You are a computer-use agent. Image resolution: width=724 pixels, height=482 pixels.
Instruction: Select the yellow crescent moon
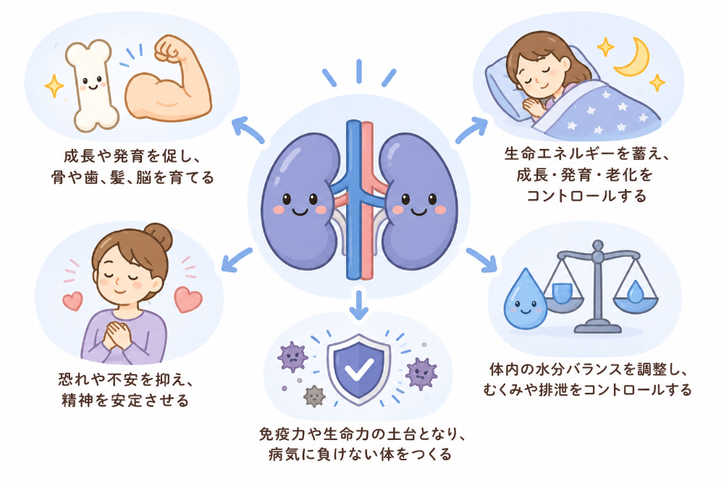(633, 57)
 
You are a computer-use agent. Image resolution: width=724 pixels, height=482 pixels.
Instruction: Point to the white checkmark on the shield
(359, 369)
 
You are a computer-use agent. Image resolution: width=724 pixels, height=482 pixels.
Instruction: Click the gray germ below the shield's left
(314, 396)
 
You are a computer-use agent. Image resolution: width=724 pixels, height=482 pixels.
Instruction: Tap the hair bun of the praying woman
(159, 237)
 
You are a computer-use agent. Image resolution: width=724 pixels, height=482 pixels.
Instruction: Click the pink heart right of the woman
(188, 300)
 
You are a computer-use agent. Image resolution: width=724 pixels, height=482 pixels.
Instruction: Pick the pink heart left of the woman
(73, 300)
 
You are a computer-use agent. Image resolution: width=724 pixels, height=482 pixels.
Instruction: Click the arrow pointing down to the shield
(359, 304)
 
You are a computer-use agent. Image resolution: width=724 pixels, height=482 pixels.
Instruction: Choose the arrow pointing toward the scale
(481, 260)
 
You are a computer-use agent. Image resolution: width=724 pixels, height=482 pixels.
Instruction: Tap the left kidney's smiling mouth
(300, 212)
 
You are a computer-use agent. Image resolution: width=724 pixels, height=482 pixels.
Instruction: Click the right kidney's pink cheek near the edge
(441, 210)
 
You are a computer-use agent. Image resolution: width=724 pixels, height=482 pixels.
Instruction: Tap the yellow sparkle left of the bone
(54, 85)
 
